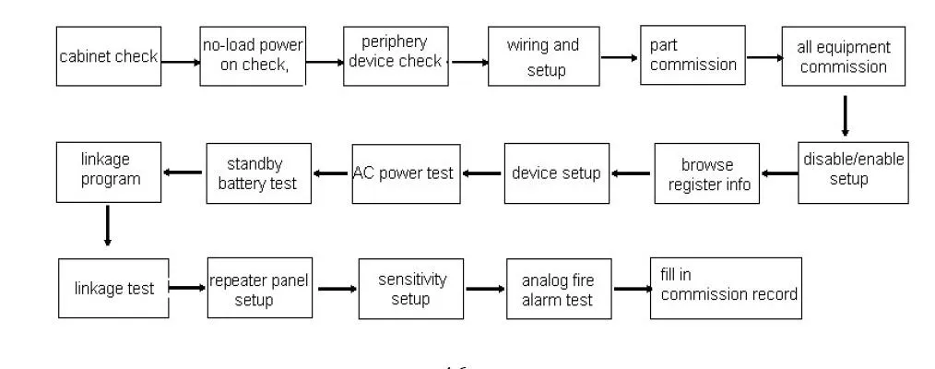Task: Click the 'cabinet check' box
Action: pyautogui.click(x=108, y=57)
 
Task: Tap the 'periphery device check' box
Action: pyautogui.click(x=394, y=55)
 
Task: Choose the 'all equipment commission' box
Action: pyautogui.click(x=843, y=57)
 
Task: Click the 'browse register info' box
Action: pyautogui.click(x=708, y=173)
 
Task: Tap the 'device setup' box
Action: pyautogui.click(x=557, y=173)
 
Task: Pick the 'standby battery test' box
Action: pyautogui.click(x=257, y=173)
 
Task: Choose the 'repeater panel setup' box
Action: pyautogui.click(x=259, y=288)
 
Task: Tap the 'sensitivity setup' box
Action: pyautogui.click(x=410, y=288)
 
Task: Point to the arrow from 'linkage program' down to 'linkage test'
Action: pyautogui.click(x=108, y=226)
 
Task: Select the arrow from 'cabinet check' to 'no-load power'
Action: pyautogui.click(x=180, y=62)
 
